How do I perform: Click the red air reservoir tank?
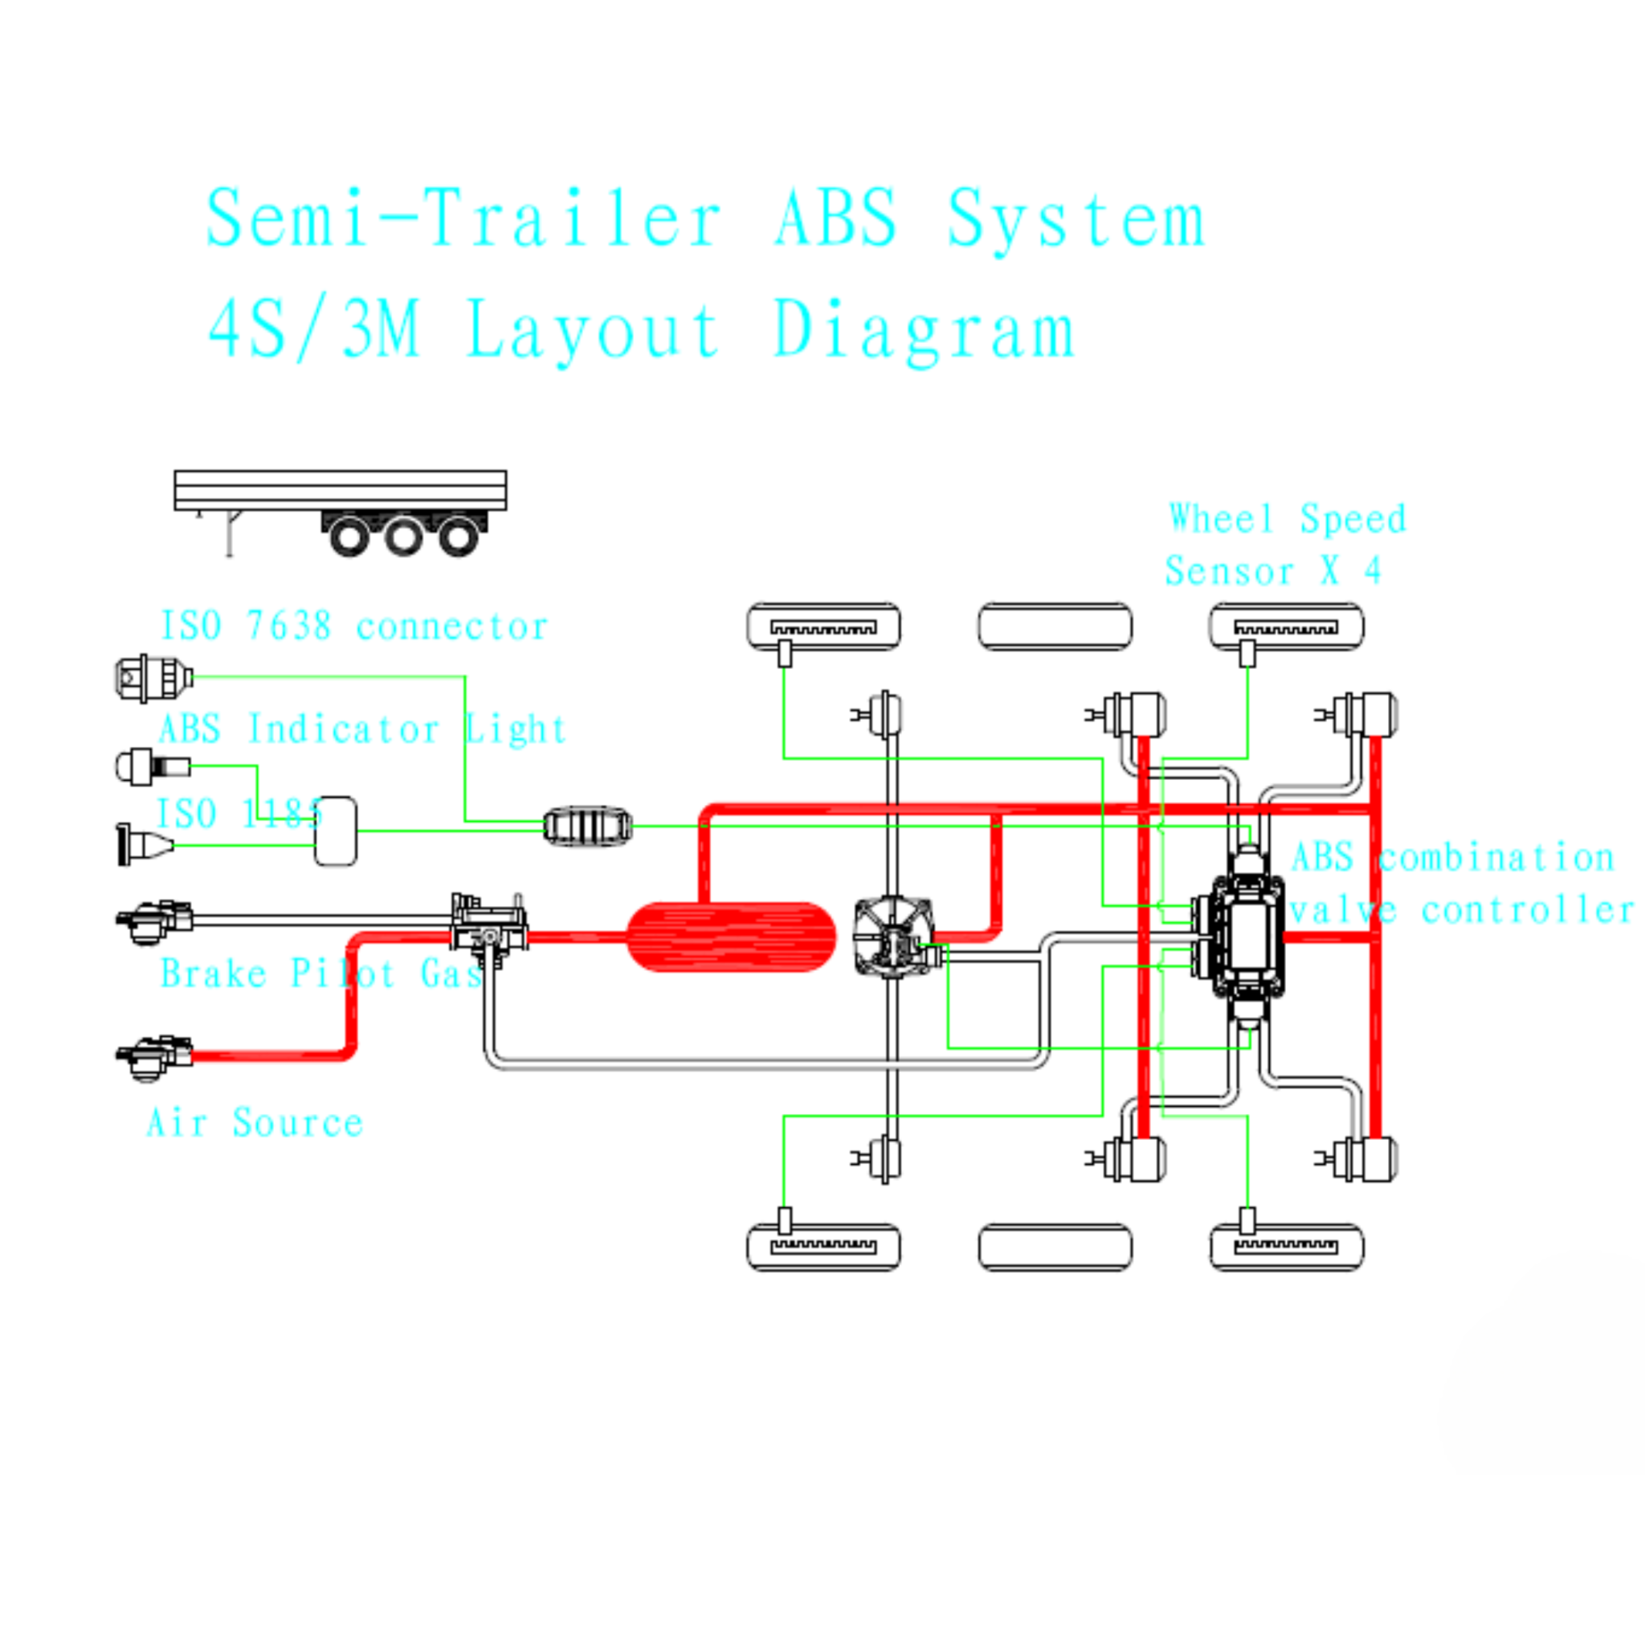click(731, 936)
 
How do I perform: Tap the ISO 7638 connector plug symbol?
click(153, 679)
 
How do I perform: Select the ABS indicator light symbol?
click(152, 766)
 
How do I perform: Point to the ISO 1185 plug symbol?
click(143, 845)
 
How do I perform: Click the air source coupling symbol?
click(153, 1055)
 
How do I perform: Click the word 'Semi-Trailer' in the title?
click(464, 218)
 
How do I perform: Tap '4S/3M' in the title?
click(313, 330)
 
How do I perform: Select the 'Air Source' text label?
click(255, 1122)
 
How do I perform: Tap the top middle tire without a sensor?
click(1055, 627)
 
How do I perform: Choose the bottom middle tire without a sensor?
click(1055, 1247)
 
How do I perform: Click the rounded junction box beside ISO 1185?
click(336, 831)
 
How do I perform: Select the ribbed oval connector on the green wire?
click(587, 826)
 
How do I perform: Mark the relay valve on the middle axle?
click(894, 937)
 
